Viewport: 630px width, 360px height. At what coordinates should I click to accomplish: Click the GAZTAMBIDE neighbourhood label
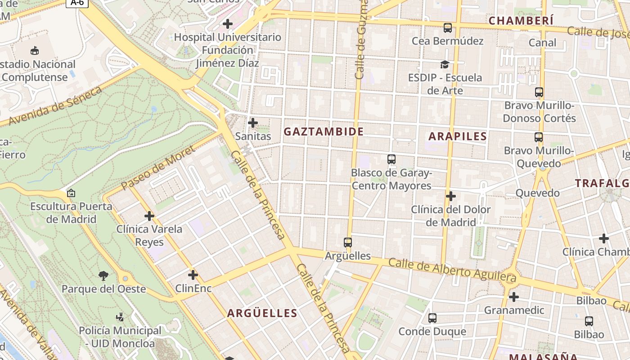point(324,131)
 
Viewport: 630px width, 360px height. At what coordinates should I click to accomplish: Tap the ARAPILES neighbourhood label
point(458,136)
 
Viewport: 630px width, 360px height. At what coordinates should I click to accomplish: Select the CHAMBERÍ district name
point(521,21)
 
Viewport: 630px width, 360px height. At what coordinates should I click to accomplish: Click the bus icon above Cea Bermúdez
point(447,28)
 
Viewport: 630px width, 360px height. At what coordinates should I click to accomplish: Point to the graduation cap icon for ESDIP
point(445,64)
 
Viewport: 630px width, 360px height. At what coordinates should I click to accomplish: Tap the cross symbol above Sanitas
point(253,122)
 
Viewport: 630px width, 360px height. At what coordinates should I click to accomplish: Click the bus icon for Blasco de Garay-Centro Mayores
point(391,159)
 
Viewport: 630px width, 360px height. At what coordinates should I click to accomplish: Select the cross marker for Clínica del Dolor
point(451,196)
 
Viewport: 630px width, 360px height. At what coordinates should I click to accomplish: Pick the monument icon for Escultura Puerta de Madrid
point(71,193)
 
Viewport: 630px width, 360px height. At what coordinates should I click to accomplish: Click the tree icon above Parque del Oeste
point(103,275)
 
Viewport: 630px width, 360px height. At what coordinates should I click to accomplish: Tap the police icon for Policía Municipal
point(120,317)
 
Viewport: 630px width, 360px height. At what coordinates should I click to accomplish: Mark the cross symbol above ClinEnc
point(193,274)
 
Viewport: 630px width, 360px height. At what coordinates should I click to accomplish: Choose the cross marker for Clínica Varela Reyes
point(149,216)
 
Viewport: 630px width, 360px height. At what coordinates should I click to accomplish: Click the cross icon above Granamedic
point(514,297)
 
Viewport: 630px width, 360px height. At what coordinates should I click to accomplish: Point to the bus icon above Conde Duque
point(432,318)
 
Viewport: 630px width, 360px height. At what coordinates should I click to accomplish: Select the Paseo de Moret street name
point(158,167)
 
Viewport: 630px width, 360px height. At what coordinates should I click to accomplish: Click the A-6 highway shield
point(77,3)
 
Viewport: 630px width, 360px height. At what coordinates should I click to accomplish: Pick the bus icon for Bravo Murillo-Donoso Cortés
point(539,92)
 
